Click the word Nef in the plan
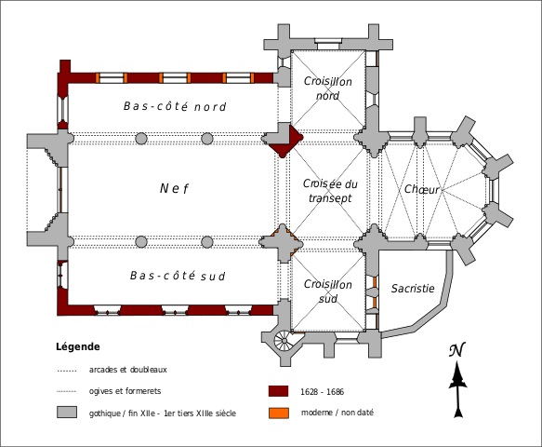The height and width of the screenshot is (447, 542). coord(174,188)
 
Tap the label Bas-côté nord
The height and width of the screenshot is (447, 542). coord(175,106)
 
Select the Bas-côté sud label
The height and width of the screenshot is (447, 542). coord(178,276)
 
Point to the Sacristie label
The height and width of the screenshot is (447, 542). coord(413,288)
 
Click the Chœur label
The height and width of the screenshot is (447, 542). coord(422,189)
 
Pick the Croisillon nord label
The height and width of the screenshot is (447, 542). coord(327,88)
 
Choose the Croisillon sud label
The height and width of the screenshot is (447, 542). coord(327,291)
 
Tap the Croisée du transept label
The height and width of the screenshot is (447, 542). coord(330,190)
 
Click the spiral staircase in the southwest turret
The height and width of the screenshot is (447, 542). coord(284,341)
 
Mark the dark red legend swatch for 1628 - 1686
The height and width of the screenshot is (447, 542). coord(279,391)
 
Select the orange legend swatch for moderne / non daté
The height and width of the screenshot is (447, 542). coord(279,413)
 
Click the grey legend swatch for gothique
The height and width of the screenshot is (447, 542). coord(67,413)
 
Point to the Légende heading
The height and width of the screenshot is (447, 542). coord(78,346)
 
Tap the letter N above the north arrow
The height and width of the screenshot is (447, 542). coord(457,349)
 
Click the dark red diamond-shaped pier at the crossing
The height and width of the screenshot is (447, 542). coord(286,142)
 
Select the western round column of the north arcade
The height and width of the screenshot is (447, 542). coord(141,139)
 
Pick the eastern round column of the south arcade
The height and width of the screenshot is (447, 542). coord(207,242)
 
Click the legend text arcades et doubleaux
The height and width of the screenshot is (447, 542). coord(128,370)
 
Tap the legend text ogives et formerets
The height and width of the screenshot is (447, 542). coord(126,391)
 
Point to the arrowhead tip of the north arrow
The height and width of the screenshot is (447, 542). coord(457,362)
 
